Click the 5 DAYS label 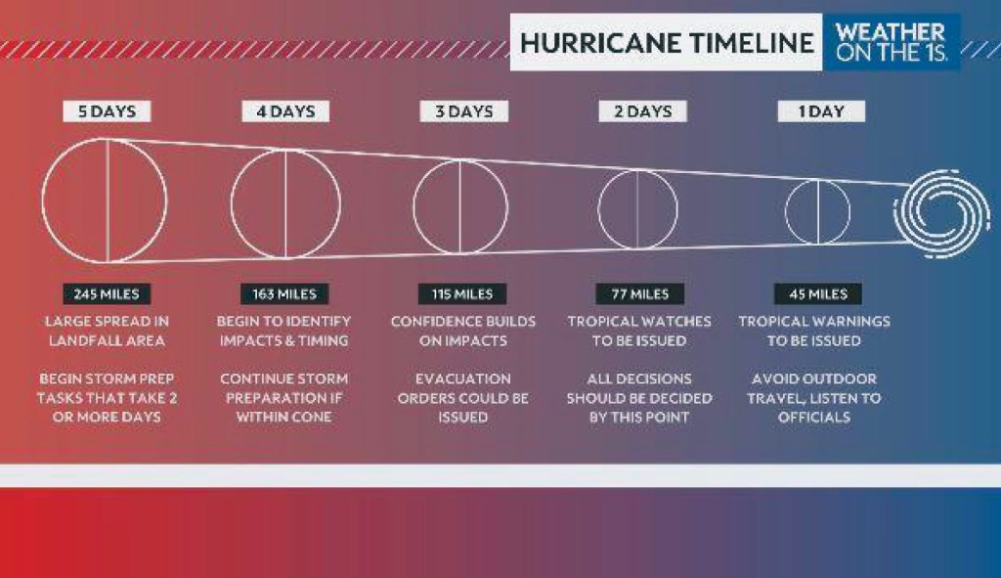108,111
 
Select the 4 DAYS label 285,111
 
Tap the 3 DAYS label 464,111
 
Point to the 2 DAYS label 642,111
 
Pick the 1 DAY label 821,111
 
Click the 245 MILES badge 107,293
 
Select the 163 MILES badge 284,293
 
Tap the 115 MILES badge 462,293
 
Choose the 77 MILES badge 640,293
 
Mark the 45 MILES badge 818,293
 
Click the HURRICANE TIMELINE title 666,42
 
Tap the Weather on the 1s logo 891,42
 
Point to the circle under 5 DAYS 105,200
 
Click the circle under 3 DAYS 460,206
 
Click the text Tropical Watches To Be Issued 639,331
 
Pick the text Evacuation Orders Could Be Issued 462,398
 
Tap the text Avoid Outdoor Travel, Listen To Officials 814,398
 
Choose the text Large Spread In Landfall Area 106,331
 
